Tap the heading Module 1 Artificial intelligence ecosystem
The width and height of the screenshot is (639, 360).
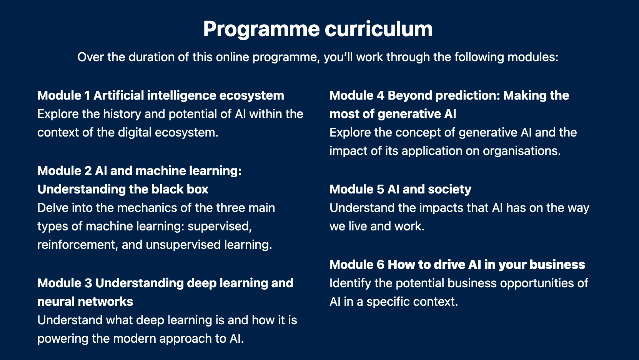[x=161, y=95]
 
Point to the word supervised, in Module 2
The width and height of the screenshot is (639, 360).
[x=220, y=226]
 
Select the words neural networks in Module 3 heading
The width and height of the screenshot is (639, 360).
[x=85, y=302]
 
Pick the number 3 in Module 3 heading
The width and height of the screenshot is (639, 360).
[x=88, y=283]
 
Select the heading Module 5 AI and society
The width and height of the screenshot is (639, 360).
[x=400, y=189]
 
